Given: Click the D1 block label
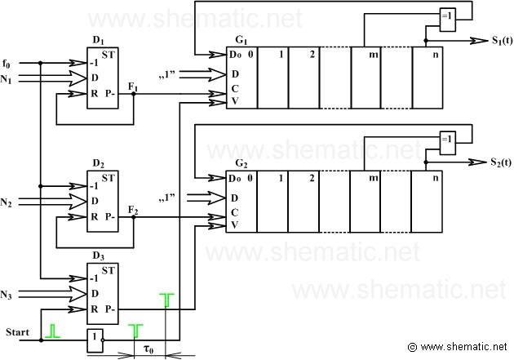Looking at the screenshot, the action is (98, 41).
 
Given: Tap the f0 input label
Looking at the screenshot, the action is (7, 64).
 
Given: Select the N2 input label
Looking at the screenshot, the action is (6, 202).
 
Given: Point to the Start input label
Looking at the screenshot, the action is (17, 332).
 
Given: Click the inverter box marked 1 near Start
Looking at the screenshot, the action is (95, 340).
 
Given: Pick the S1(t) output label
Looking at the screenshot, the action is (502, 40).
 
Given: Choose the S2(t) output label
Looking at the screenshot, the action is (501, 162).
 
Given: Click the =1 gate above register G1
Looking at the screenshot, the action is (447, 20).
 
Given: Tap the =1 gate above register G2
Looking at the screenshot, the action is (447, 143).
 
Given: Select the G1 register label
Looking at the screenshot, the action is (241, 40).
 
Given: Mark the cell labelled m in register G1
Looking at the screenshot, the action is (366, 78).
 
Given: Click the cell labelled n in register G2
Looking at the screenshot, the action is (427, 202).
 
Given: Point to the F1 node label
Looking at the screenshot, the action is (133, 87).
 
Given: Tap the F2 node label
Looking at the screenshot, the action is (133, 210).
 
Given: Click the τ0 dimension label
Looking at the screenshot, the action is (148, 349).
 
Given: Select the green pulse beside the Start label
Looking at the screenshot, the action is (53, 331).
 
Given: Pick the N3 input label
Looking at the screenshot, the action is (6, 295).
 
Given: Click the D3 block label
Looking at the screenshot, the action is (98, 256).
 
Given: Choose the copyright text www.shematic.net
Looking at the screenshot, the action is (458, 347).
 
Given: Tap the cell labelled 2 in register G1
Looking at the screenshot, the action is (304, 78).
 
